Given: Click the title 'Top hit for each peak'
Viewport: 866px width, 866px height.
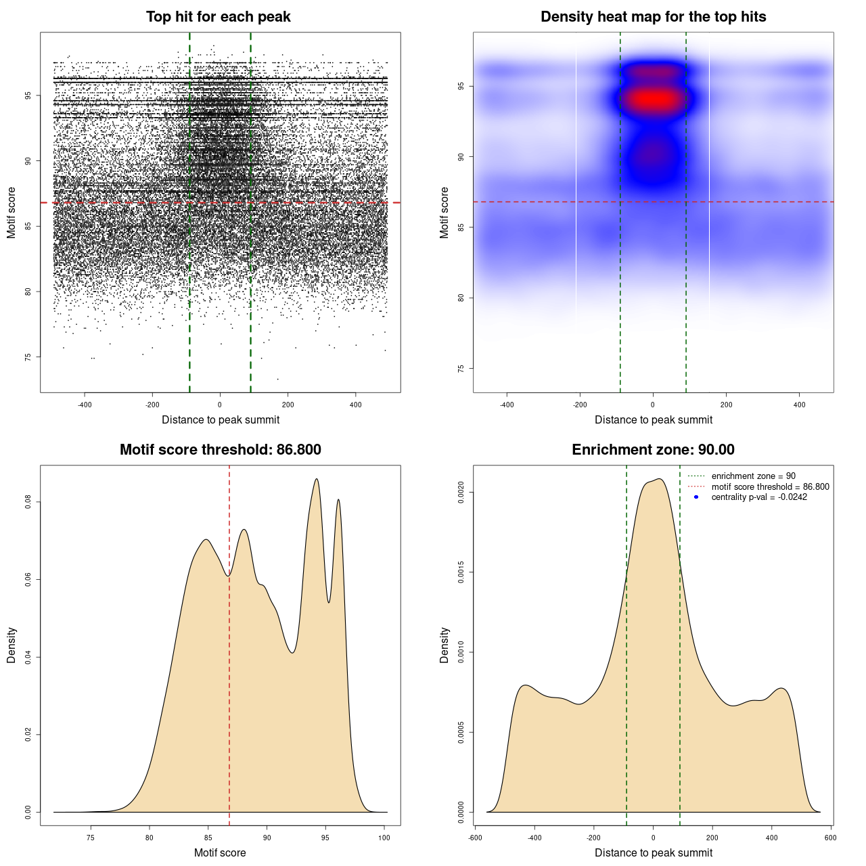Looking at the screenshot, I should pyautogui.click(x=218, y=17).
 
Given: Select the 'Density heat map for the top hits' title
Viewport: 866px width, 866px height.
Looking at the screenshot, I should pyautogui.click(x=653, y=17).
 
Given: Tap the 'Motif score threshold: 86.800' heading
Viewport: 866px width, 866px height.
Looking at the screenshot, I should pyautogui.click(x=220, y=450).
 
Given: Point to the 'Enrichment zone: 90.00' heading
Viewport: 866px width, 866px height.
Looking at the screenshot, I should pyautogui.click(x=653, y=450).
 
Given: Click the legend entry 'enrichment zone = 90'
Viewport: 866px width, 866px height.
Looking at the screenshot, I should pyautogui.click(x=753, y=476).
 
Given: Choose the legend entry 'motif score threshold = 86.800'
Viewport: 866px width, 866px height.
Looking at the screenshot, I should pyautogui.click(x=770, y=486).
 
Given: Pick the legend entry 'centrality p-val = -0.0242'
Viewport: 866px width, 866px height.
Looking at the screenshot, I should pyautogui.click(x=759, y=497).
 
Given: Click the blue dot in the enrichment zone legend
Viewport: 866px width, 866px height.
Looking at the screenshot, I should pyautogui.click(x=696, y=497).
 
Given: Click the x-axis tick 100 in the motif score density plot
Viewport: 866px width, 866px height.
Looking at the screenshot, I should pyautogui.click(x=384, y=838).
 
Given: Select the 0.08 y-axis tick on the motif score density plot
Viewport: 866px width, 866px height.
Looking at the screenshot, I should pyautogui.click(x=28, y=502).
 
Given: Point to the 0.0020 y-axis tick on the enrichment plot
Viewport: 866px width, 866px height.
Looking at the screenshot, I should pyautogui.click(x=461, y=493).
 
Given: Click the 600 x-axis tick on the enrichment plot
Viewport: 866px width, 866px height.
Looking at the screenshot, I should pyautogui.click(x=831, y=838).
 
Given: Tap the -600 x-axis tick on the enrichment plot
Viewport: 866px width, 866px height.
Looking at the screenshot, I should pyautogui.click(x=476, y=838).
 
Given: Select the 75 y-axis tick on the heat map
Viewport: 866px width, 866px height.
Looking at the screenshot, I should pyautogui.click(x=461, y=369).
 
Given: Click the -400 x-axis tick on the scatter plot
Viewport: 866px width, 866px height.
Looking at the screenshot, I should pyautogui.click(x=85, y=405).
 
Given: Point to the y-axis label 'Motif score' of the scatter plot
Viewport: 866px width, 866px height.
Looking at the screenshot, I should pyautogui.click(x=12, y=212).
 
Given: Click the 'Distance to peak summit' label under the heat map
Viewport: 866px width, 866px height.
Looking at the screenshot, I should pyautogui.click(x=653, y=419).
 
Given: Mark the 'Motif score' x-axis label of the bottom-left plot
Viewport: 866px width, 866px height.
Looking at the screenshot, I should pyautogui.click(x=220, y=852).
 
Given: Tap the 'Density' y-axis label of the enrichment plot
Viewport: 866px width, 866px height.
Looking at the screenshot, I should pyautogui.click(x=445, y=645).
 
